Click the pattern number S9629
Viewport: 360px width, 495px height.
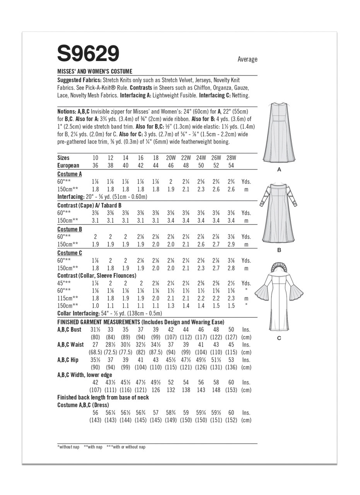(x=88, y=54)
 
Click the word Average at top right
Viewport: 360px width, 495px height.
(x=247, y=59)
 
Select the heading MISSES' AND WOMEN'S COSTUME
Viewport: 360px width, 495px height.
(x=95, y=72)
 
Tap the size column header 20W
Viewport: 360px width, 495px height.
(x=171, y=158)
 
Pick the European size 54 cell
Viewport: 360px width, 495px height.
(x=231, y=166)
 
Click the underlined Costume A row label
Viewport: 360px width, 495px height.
(x=70, y=174)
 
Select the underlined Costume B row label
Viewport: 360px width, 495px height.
(x=70, y=229)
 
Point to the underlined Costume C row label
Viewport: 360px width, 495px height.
(x=70, y=253)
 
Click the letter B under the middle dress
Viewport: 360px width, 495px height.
(x=279, y=250)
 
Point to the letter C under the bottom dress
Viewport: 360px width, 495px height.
(x=279, y=338)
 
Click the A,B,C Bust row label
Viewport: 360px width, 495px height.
(x=69, y=329)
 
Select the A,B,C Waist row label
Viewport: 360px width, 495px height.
(x=70, y=345)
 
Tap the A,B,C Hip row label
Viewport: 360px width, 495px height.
(x=68, y=360)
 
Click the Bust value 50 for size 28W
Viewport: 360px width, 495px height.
(x=231, y=329)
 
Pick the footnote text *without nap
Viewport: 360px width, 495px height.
(x=68, y=447)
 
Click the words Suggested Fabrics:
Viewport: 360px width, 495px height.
(x=79, y=80)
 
